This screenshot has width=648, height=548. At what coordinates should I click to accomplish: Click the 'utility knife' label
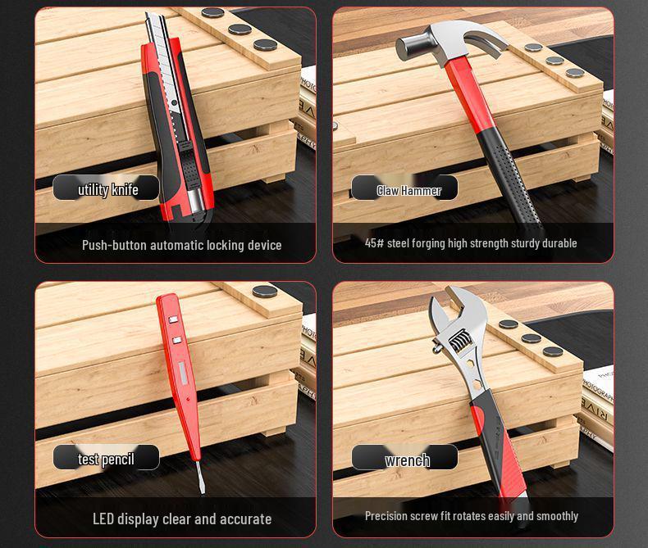coord(107,189)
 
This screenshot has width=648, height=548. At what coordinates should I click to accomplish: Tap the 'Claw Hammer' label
coord(408,190)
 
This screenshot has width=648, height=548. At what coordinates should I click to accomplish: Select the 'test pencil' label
coord(106,459)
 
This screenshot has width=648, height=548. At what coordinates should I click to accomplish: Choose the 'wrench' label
coord(407,460)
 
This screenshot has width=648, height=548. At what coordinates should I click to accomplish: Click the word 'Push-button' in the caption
coord(114,245)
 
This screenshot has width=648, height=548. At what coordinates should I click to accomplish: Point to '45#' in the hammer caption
coord(374,243)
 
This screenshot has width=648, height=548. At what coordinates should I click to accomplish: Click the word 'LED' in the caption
coord(103,519)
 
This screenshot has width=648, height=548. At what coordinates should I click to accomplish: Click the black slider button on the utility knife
coord(186,152)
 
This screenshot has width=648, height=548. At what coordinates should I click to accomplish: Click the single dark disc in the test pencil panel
coord(264,291)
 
